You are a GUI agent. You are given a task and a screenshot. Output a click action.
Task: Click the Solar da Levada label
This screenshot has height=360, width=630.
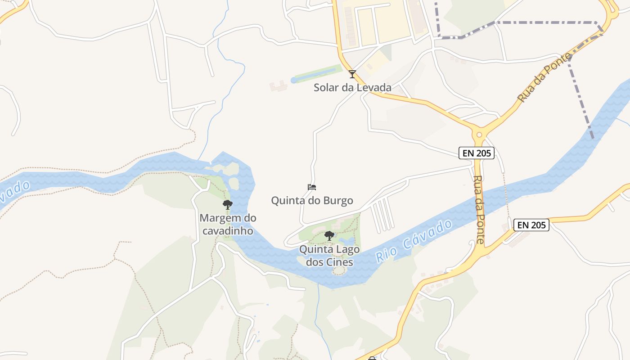(352, 87)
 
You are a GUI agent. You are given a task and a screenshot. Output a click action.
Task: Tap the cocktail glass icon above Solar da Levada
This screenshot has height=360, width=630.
(352, 74)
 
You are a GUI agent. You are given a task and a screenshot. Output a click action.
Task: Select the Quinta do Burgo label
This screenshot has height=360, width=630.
(312, 200)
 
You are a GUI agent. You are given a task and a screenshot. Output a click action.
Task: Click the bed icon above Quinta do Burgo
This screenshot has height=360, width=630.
(312, 187)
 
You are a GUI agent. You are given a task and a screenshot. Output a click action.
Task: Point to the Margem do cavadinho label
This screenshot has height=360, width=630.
(228, 224)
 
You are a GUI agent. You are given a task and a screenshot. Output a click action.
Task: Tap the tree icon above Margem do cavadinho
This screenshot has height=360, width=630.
(228, 205)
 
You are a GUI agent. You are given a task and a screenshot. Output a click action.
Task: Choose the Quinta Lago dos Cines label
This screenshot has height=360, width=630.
(329, 256)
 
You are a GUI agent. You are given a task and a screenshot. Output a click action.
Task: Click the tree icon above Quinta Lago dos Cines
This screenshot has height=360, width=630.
(329, 235)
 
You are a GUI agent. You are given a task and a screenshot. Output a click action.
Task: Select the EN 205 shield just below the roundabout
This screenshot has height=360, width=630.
(477, 153)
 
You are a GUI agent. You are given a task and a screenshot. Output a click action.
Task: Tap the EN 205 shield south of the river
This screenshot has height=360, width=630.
(531, 225)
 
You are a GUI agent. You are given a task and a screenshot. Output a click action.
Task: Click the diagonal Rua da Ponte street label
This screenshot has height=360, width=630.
(544, 77)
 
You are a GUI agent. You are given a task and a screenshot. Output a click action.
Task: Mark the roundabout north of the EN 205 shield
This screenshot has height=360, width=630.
(479, 134)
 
